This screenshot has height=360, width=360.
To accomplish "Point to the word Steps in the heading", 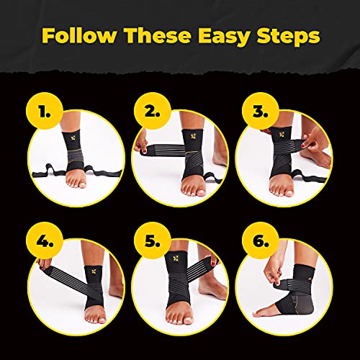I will click(286, 35).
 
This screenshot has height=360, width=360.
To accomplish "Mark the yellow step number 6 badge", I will click(256, 241).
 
